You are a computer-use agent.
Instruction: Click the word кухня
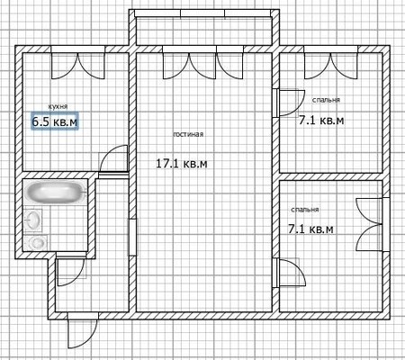[x=58, y=106]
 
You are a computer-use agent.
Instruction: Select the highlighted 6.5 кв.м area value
[x=55, y=121]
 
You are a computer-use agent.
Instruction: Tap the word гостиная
[x=188, y=134]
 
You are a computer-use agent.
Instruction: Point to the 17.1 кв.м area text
[x=182, y=164]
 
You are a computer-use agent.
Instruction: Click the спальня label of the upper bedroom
[x=326, y=100]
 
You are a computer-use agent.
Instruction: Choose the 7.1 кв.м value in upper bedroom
[x=321, y=121]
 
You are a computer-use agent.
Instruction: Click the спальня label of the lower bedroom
[x=305, y=210]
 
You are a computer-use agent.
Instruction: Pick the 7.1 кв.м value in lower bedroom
[x=310, y=229]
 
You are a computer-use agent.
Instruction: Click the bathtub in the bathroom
[x=56, y=192]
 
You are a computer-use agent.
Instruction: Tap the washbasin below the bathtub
[x=32, y=220]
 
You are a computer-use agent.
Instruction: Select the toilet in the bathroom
[x=35, y=243]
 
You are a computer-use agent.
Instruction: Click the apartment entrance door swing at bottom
[x=82, y=330]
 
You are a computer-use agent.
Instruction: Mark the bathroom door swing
[x=71, y=272]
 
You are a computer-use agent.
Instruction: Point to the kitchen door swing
[x=113, y=159]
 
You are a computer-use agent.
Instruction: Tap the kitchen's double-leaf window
[x=78, y=62]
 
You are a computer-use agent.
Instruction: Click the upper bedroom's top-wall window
[x=331, y=62]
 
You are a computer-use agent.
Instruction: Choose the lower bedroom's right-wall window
[x=372, y=224]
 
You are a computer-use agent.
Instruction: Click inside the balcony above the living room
[x=204, y=31]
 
